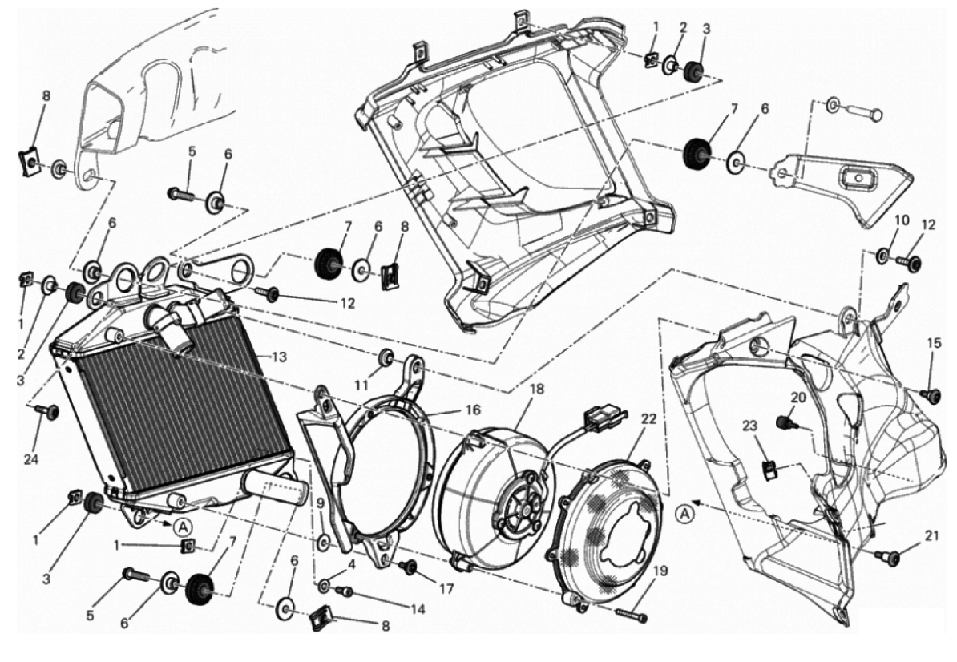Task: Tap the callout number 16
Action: pyautogui.click(x=473, y=410)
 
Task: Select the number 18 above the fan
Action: pyautogui.click(x=536, y=389)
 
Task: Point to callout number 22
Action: pyautogui.click(x=648, y=419)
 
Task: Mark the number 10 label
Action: pyautogui.click(x=902, y=220)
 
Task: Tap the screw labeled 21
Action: pyautogui.click(x=886, y=555)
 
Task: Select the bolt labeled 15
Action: pyautogui.click(x=931, y=394)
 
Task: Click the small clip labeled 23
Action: pyautogui.click(x=770, y=470)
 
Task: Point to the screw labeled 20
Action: pyautogui.click(x=785, y=420)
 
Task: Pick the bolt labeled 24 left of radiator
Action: pyautogui.click(x=50, y=410)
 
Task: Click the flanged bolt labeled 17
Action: pyautogui.click(x=407, y=567)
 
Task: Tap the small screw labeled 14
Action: pyautogui.click(x=346, y=591)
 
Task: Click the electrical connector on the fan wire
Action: pyautogui.click(x=595, y=418)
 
